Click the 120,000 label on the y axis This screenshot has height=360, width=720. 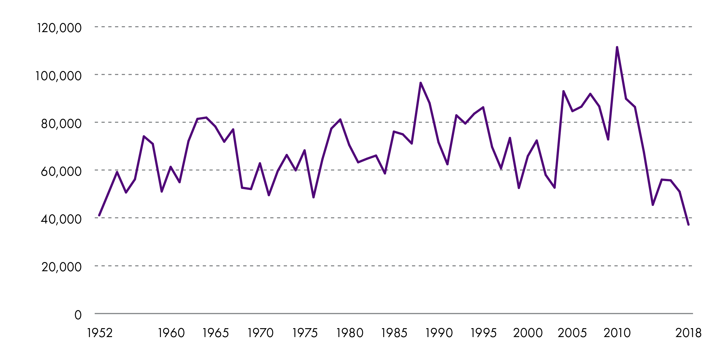(x=59, y=28)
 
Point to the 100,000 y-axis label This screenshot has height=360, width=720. (x=58, y=76)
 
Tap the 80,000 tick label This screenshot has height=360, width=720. (x=61, y=124)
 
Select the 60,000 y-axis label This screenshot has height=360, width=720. (x=61, y=171)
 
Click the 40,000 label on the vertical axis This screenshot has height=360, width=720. (x=61, y=219)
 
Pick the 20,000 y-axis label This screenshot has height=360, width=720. (x=62, y=267)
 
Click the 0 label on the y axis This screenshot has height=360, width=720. (x=78, y=315)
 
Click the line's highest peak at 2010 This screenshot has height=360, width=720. (x=617, y=47)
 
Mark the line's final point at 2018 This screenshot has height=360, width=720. (x=688, y=225)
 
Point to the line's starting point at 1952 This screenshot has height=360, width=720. (x=99, y=216)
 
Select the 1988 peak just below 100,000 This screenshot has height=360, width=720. (x=421, y=83)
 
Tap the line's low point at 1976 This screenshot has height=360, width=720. (x=314, y=197)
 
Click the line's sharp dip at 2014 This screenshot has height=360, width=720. (x=653, y=205)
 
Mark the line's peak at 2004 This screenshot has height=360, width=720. (x=563, y=91)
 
